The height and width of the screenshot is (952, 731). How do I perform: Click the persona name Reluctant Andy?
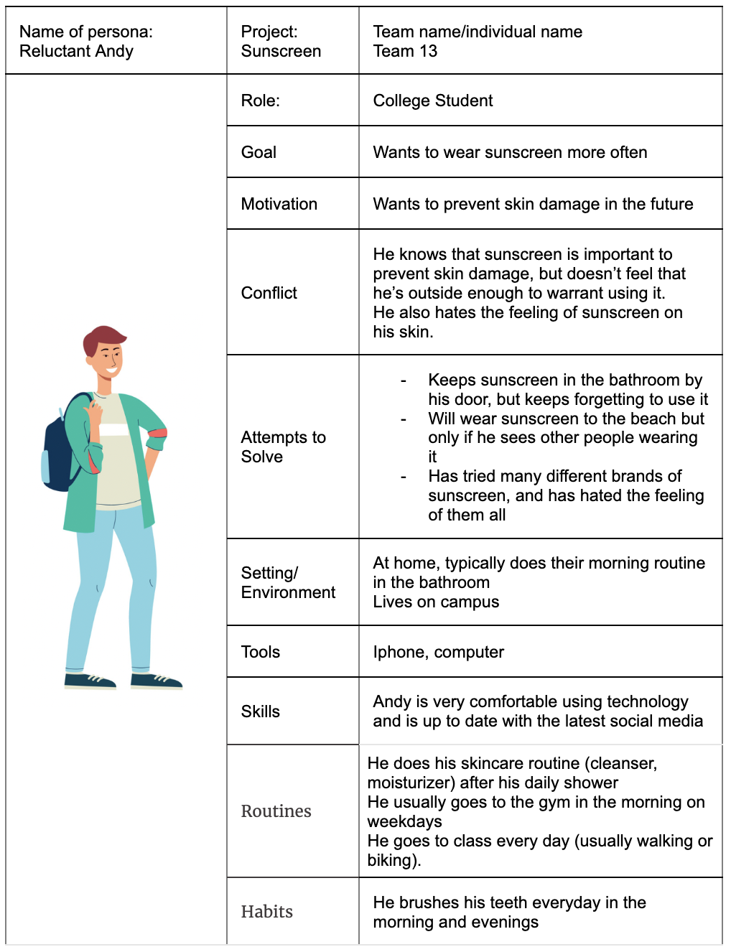point(76,52)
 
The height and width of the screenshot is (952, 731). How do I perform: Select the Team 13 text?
point(405,52)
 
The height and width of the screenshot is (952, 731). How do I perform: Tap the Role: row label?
point(261,101)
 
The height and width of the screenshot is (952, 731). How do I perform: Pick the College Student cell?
point(433,101)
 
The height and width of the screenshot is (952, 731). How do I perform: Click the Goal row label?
point(259,152)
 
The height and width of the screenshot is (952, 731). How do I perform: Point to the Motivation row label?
point(279,204)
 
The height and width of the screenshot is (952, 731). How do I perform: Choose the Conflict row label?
point(269,293)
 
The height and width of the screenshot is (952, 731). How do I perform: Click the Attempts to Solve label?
point(283,447)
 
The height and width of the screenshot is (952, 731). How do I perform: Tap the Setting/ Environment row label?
point(288,582)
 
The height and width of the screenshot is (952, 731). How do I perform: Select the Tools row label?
point(261,652)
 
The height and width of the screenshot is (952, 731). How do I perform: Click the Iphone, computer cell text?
point(439,652)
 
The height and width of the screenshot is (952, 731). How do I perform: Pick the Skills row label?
point(261,711)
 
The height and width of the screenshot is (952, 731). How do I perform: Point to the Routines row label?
point(276,811)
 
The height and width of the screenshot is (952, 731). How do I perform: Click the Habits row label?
point(267,912)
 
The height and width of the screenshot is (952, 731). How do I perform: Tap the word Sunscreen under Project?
point(281,52)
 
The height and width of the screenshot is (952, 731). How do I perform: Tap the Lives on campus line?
point(436,602)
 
